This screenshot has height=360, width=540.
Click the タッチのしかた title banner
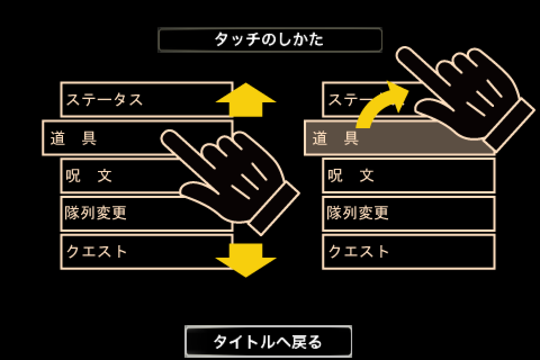tap(269, 39)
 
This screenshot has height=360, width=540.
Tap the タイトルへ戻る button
tap(268, 341)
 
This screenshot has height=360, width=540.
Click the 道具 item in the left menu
tap(103, 138)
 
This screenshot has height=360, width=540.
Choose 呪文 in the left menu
tap(120, 175)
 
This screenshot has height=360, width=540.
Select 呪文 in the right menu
tap(409, 175)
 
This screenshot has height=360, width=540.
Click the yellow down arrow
tap(246, 259)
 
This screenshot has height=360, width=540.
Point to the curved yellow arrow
tap(377, 103)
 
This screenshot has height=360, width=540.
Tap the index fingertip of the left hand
tap(166, 136)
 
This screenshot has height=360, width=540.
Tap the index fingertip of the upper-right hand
tap(402, 52)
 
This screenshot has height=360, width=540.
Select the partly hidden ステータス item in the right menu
tap(344, 100)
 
